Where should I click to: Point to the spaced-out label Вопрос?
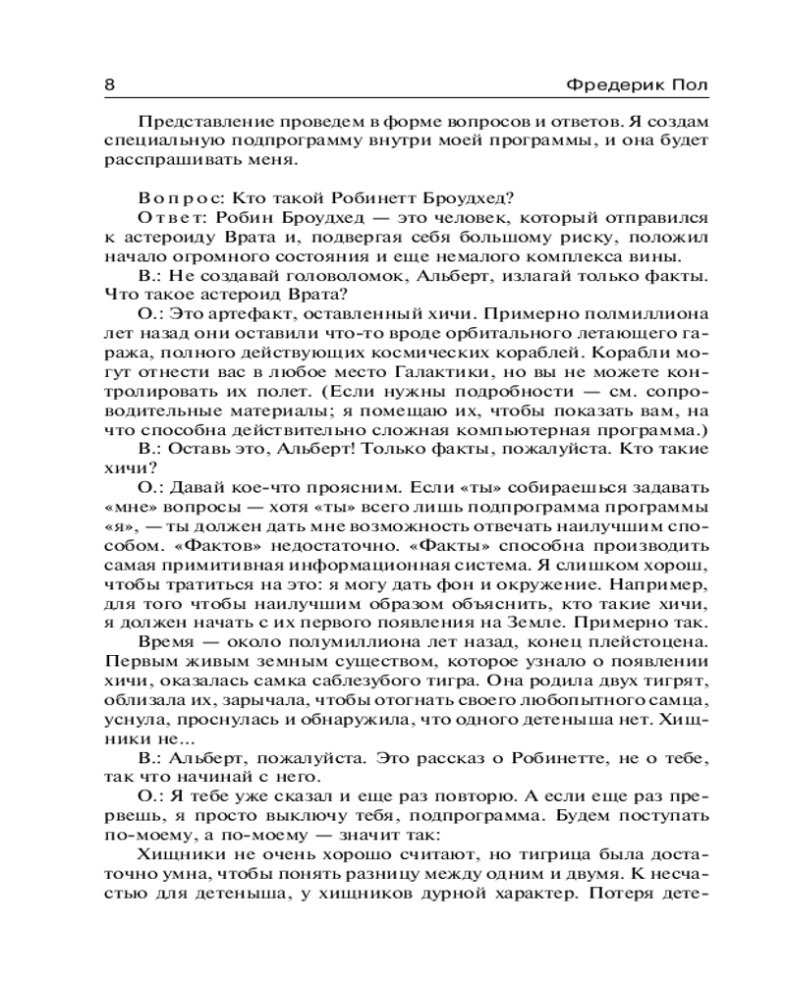click(173, 196)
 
